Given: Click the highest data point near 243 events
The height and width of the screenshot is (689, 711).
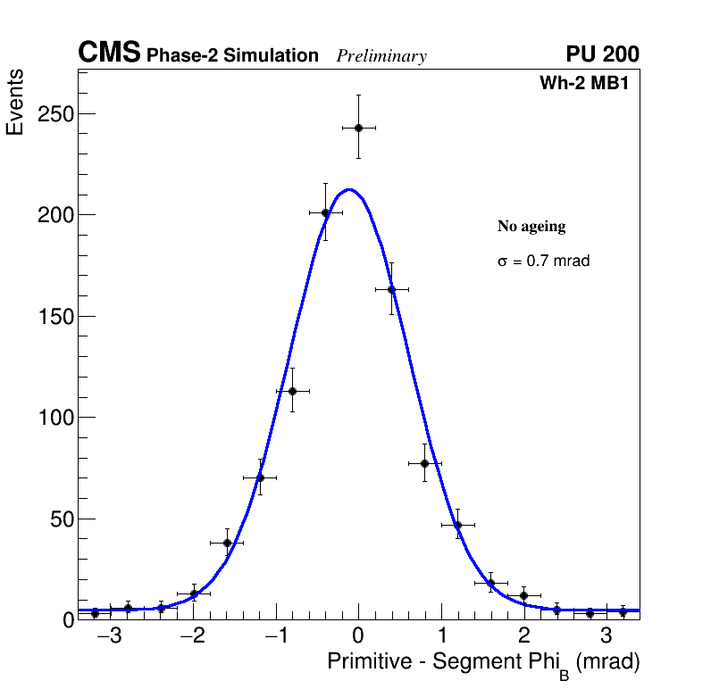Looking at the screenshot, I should coord(358,128).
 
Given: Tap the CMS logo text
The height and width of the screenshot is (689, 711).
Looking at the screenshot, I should coord(109,54).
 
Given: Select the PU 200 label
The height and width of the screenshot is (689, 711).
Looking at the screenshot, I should coord(602,54).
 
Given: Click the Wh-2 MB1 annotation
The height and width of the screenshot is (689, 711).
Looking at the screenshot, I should coord(590,84).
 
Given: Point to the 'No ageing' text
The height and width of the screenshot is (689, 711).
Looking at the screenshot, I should coord(531,227).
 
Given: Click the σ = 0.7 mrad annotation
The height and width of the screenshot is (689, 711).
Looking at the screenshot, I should coord(543,261).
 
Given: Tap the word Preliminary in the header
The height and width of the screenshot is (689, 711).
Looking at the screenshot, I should coord(381,56).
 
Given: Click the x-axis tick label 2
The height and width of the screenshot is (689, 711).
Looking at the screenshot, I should coord(523,636).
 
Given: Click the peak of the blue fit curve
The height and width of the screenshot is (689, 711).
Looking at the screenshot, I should coord(349,189).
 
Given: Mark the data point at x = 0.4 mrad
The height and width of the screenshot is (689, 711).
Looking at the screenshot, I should coord(391,289).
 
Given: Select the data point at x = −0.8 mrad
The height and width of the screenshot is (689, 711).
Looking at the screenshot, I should coord(292,391).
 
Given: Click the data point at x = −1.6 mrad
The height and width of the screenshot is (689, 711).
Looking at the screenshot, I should coord(227,543).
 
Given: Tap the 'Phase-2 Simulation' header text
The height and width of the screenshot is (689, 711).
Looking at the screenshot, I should coord(232,56).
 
